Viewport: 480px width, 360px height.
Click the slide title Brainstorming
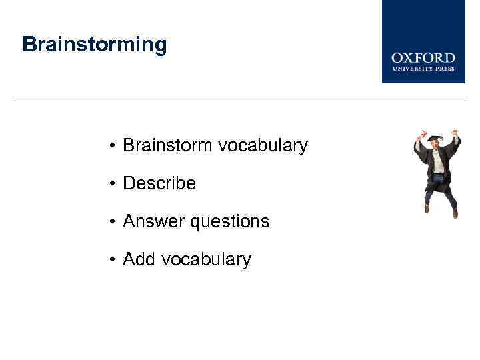pyautogui.click(x=94, y=45)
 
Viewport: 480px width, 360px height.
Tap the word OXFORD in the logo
pyautogui.click(x=423, y=58)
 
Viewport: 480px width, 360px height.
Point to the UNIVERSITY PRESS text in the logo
pyautogui.click(x=423, y=68)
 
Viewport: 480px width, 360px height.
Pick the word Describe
pyautogui.click(x=159, y=183)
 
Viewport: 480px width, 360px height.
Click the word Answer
pyautogui.click(x=154, y=221)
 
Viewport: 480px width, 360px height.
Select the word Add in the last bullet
pyautogui.click(x=139, y=259)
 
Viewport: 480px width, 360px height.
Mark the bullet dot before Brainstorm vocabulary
pyautogui.click(x=115, y=146)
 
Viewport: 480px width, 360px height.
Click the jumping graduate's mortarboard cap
pyautogui.click(x=435, y=138)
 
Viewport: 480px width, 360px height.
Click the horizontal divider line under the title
pyautogui.click(x=240, y=101)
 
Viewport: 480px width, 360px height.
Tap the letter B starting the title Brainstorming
pyautogui.click(x=29, y=45)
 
